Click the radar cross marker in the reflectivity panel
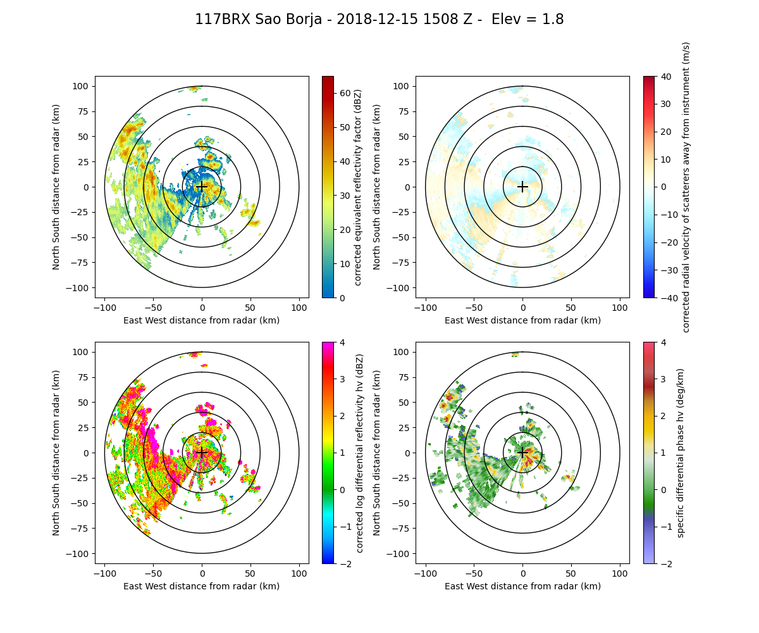tap(202, 187)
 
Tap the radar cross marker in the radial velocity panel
tap(522, 187)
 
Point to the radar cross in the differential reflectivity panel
tap(202, 453)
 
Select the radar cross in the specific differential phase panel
tap(522, 453)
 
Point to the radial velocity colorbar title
tap(686, 187)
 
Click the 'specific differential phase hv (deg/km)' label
tap(681, 453)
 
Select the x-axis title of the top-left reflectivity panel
tap(202, 320)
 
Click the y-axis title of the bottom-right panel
tap(377, 453)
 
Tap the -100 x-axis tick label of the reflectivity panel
tap(105, 308)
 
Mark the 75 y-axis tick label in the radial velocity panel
tap(403, 111)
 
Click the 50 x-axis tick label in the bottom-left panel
tap(250, 573)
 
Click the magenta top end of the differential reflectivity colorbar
tap(328, 344)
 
